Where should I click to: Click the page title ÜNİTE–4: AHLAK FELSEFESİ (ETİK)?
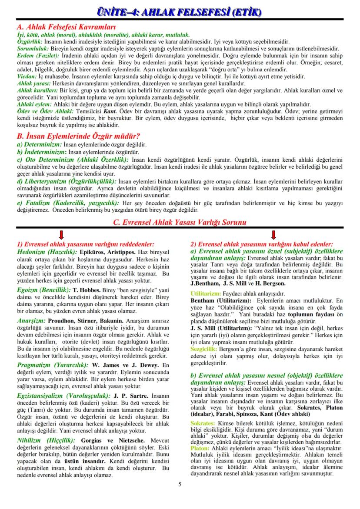pos(180,10)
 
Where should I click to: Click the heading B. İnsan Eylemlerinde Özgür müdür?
pos(78,136)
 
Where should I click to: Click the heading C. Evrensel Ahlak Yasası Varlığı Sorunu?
pos(180,222)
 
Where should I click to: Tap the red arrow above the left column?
pos(61,235)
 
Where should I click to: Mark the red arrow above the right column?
pos(273,235)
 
